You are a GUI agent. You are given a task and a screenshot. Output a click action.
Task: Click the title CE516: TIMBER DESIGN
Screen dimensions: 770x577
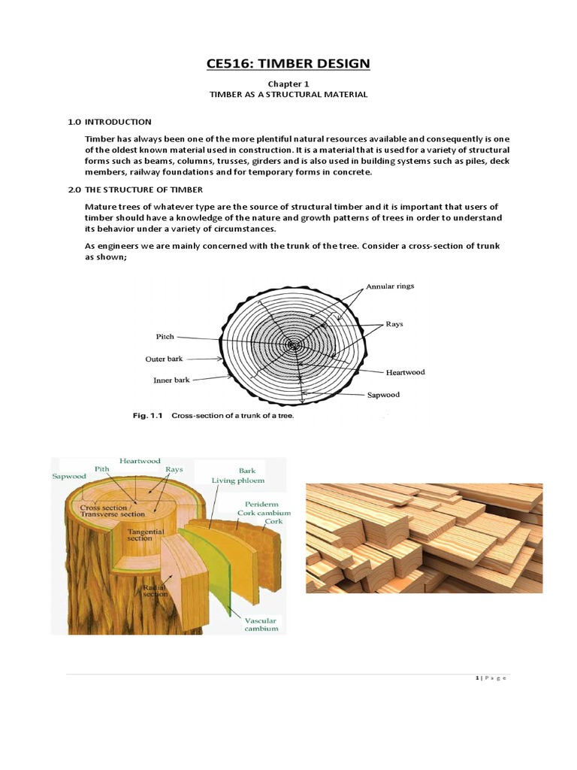click(x=288, y=63)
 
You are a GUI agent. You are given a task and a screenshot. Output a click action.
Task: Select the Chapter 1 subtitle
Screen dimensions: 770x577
click(x=288, y=84)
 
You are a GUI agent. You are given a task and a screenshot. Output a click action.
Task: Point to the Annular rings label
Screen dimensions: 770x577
click(x=390, y=286)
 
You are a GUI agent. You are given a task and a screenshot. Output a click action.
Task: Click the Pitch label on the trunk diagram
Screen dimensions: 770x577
click(x=165, y=338)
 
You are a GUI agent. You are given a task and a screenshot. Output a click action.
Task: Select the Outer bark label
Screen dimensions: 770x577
click(x=164, y=359)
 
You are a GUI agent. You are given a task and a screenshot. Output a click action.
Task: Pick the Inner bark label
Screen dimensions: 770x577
click(x=171, y=380)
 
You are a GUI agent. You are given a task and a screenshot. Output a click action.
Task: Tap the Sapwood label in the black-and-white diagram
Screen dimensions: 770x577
click(x=383, y=395)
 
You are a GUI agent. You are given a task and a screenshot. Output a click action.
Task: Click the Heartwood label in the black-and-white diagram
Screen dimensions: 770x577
click(x=405, y=372)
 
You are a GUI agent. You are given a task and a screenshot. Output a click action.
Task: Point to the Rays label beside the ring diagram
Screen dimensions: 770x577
click(x=394, y=324)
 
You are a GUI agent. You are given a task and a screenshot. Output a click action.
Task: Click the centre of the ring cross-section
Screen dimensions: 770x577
click(x=293, y=347)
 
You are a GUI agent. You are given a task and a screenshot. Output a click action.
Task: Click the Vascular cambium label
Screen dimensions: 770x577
click(x=261, y=624)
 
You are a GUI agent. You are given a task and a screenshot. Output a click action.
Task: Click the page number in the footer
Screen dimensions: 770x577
click(x=477, y=678)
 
